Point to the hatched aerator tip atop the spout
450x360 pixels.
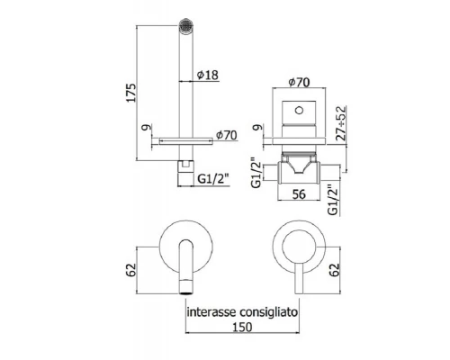point(188,26)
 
